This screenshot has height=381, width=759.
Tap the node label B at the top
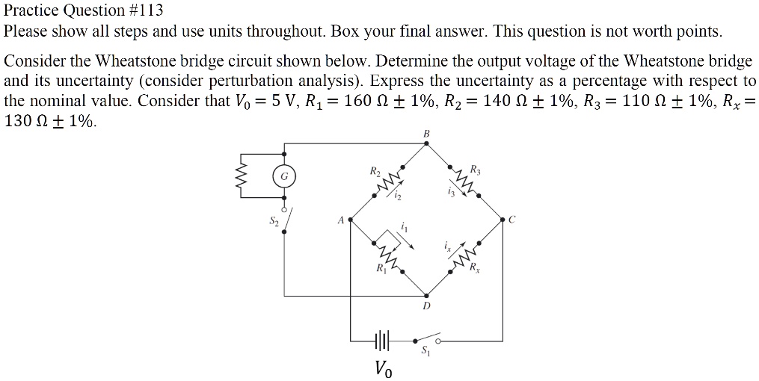point(427,134)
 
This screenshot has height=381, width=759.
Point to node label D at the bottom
point(426,306)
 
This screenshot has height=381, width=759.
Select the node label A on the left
point(340,220)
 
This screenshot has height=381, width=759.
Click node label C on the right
point(512,220)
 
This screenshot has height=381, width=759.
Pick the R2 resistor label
point(375,172)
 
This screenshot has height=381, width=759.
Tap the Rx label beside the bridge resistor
point(474,269)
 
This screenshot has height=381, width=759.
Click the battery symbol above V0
point(381,341)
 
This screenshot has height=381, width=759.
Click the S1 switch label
point(426,351)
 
